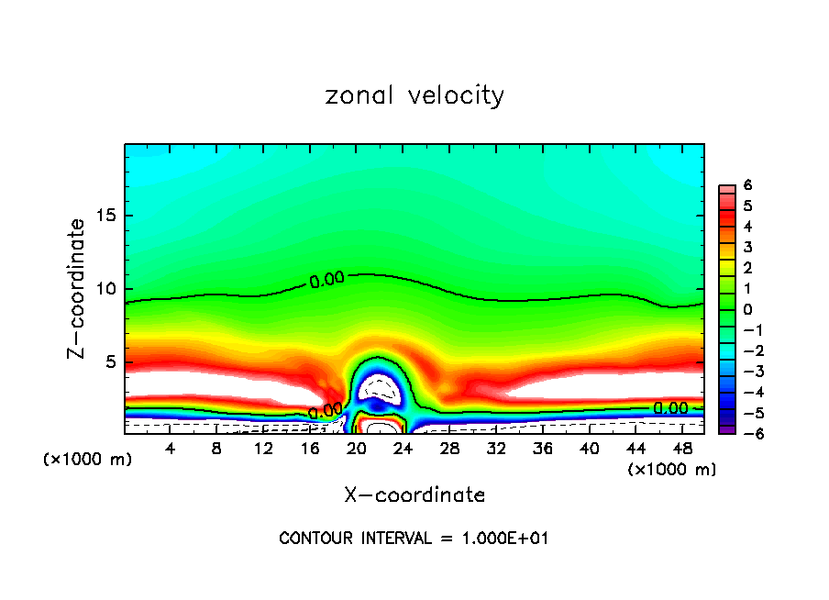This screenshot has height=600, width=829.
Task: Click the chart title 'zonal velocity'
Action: click(x=414, y=95)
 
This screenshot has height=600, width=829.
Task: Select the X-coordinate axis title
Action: click(x=414, y=495)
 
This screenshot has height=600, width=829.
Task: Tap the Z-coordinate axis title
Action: click(x=78, y=288)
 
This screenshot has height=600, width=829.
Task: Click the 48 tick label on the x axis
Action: click(x=682, y=449)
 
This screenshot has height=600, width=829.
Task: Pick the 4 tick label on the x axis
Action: click(x=170, y=449)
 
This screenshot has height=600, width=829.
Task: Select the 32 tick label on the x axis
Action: click(x=496, y=449)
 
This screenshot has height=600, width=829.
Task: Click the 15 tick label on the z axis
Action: click(x=107, y=217)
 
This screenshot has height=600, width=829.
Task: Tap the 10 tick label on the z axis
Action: click(x=107, y=289)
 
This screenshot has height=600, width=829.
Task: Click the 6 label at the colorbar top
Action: click(x=747, y=185)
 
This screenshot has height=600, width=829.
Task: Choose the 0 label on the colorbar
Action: click(x=747, y=309)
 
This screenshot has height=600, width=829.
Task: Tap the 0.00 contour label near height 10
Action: click(x=326, y=281)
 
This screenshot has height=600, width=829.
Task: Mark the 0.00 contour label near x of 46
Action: click(x=669, y=408)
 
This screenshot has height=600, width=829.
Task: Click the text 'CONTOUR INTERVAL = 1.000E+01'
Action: click(x=414, y=539)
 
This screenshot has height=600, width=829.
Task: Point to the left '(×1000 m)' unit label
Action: click(x=88, y=460)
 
